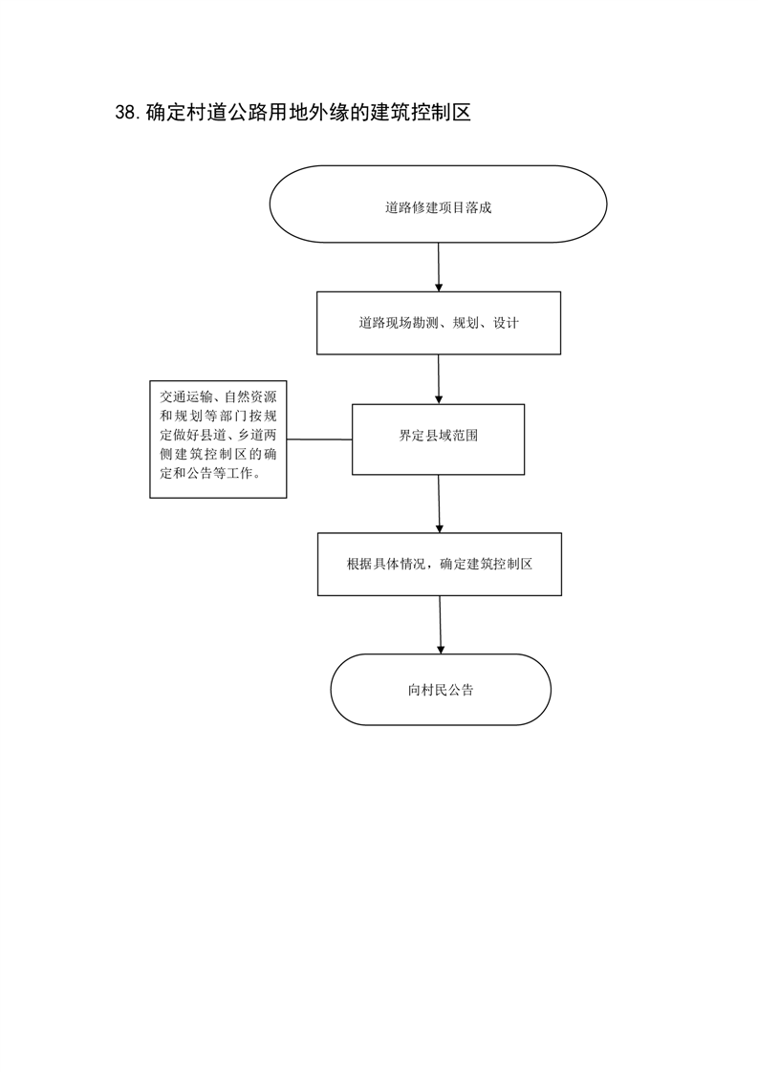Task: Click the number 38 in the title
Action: tap(127, 113)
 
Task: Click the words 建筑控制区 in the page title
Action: tap(421, 113)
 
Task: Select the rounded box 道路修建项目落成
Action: tap(438, 204)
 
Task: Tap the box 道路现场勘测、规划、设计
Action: tap(439, 323)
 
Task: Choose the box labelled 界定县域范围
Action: tap(438, 439)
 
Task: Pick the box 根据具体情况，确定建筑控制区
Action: tap(439, 564)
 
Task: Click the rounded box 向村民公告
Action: tap(441, 689)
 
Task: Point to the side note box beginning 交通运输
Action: tap(218, 439)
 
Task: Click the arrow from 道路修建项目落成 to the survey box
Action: tap(439, 267)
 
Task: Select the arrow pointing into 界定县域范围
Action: tap(439, 379)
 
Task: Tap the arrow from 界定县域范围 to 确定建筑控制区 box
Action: tap(439, 504)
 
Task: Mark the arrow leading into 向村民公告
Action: tap(440, 625)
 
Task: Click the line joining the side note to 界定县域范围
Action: tap(319, 439)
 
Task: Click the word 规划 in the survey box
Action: tap(466, 323)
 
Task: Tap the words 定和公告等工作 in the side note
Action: tap(206, 473)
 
